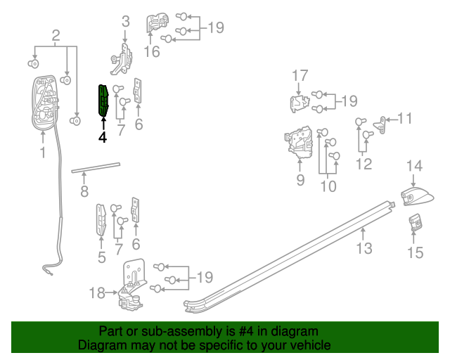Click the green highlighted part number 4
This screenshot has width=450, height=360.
(x=103, y=99)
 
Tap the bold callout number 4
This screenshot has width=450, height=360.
(x=103, y=138)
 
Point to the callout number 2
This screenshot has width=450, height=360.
(x=56, y=34)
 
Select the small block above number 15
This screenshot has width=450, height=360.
(x=416, y=223)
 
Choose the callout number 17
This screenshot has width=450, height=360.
(x=300, y=75)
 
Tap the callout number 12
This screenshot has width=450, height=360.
(x=364, y=165)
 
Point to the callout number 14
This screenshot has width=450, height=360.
(x=415, y=166)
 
